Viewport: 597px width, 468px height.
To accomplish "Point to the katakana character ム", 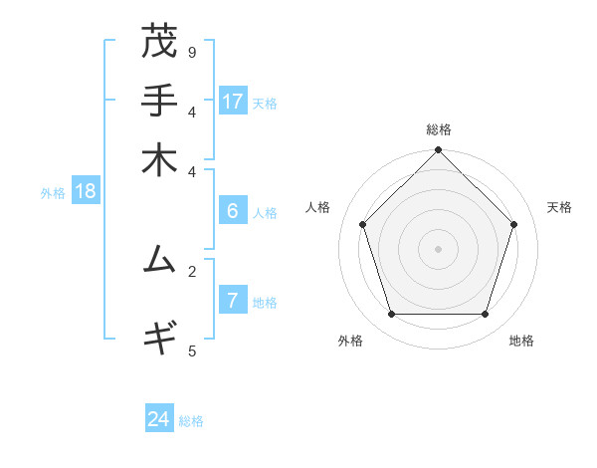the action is tap(159, 260).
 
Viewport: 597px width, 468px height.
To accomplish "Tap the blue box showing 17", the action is tap(233, 101).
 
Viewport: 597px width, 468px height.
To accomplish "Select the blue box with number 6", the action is tap(233, 211).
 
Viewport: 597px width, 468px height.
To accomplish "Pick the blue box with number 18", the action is tap(86, 191).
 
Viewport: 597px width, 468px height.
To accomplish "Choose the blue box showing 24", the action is tap(159, 419).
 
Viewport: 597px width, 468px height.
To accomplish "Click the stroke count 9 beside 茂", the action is tap(192, 52).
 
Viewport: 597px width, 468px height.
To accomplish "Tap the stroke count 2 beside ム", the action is tap(192, 270).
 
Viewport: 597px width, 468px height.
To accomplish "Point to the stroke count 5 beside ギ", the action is tap(192, 351).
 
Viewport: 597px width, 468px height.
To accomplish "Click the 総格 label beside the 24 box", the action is tap(191, 421).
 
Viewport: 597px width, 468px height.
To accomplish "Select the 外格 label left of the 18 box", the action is tap(53, 193).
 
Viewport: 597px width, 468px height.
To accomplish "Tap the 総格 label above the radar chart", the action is tap(439, 130).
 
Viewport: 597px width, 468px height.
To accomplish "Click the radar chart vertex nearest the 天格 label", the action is tap(513, 224).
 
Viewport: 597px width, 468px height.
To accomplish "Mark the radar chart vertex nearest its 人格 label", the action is tap(363, 224).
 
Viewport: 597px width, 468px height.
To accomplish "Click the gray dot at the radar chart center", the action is tap(438, 248).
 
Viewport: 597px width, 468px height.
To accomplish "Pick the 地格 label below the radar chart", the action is tap(521, 341).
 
